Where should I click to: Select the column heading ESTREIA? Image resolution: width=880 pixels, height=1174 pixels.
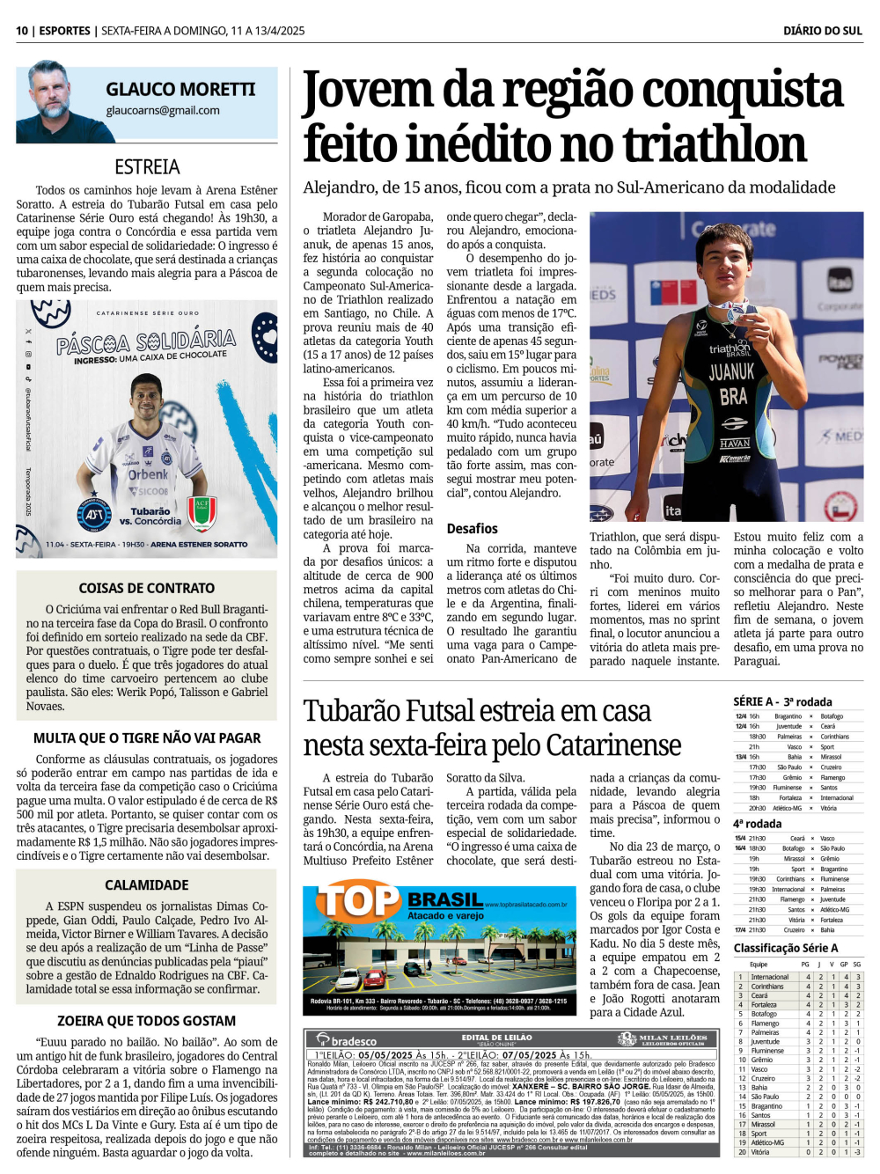(147, 167)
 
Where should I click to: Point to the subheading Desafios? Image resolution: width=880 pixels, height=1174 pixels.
(472, 529)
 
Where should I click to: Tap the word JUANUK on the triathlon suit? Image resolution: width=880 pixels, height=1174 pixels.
(731, 371)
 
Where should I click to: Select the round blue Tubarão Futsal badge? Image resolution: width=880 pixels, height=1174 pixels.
(94, 514)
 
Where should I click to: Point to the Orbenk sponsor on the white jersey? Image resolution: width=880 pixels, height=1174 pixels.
(148, 474)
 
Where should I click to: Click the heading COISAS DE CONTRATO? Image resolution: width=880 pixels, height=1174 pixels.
(147, 588)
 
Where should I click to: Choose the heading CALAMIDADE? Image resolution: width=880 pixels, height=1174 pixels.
(147, 885)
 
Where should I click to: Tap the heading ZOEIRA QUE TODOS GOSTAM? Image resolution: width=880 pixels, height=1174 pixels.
(147, 1021)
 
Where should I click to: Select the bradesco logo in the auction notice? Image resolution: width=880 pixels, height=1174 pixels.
(348, 1041)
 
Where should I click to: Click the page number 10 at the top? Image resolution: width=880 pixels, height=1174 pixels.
(22, 31)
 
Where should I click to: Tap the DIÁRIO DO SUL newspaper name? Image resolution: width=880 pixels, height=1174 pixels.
(822, 31)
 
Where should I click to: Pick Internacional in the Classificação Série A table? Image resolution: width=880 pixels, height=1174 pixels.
(769, 977)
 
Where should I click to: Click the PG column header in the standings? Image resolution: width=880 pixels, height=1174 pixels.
(805, 965)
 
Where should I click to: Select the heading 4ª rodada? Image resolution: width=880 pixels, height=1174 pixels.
(758, 824)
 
